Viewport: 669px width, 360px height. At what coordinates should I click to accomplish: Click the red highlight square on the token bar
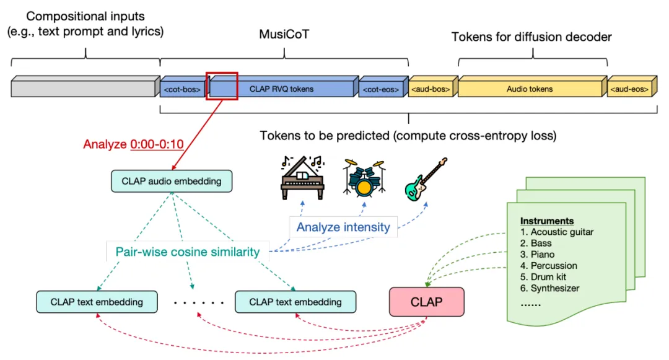pos(222,86)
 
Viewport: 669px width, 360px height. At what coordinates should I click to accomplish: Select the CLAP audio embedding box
pos(172,182)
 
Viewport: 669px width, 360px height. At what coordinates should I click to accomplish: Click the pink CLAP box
pos(427,302)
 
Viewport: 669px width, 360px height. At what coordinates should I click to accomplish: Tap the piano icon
pos(302,178)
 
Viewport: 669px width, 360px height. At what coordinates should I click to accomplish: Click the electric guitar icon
pos(426,179)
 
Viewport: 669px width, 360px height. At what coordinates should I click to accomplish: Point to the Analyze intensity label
pos(343,227)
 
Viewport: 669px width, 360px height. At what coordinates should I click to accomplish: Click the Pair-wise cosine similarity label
pos(188,252)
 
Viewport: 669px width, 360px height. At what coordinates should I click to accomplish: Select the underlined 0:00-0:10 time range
pos(157,144)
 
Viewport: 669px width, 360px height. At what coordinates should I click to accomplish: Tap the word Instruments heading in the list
pos(547,221)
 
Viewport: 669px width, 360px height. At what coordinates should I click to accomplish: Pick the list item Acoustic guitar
pos(557,232)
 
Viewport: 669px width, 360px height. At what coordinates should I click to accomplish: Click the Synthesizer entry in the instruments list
pos(550,288)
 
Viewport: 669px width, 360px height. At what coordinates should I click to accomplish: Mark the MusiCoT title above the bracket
pos(284,34)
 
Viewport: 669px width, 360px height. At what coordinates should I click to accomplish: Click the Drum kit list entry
pos(543,277)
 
